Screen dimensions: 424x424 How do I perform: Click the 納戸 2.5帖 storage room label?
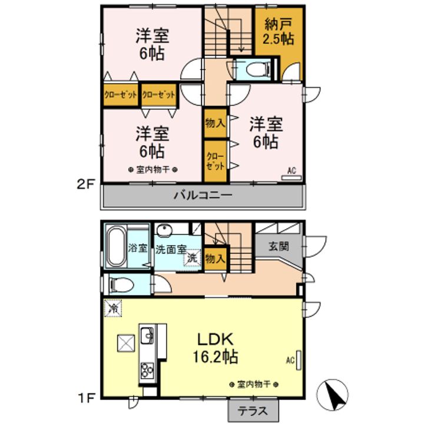(278, 32)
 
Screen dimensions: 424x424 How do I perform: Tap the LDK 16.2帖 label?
(216, 348)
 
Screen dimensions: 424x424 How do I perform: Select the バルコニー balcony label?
(203, 195)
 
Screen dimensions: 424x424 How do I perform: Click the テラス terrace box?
(253, 411)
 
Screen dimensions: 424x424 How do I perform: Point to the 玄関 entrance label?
(279, 246)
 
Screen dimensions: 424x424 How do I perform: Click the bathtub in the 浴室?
(117, 246)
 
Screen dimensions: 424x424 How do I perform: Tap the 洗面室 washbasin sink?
(164, 230)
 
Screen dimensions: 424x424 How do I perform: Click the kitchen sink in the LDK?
(147, 336)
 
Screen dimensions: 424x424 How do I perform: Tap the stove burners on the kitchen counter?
(147, 370)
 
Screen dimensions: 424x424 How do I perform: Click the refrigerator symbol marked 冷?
(112, 308)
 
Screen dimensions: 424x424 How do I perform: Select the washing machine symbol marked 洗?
(193, 257)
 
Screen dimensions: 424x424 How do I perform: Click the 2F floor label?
(85, 185)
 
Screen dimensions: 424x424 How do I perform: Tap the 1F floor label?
(86, 398)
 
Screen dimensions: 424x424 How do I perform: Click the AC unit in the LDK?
(299, 360)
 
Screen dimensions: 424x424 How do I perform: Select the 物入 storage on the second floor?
(216, 123)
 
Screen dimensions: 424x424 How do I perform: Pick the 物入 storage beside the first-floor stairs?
(216, 259)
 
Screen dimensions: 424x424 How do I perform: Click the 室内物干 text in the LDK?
(254, 384)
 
